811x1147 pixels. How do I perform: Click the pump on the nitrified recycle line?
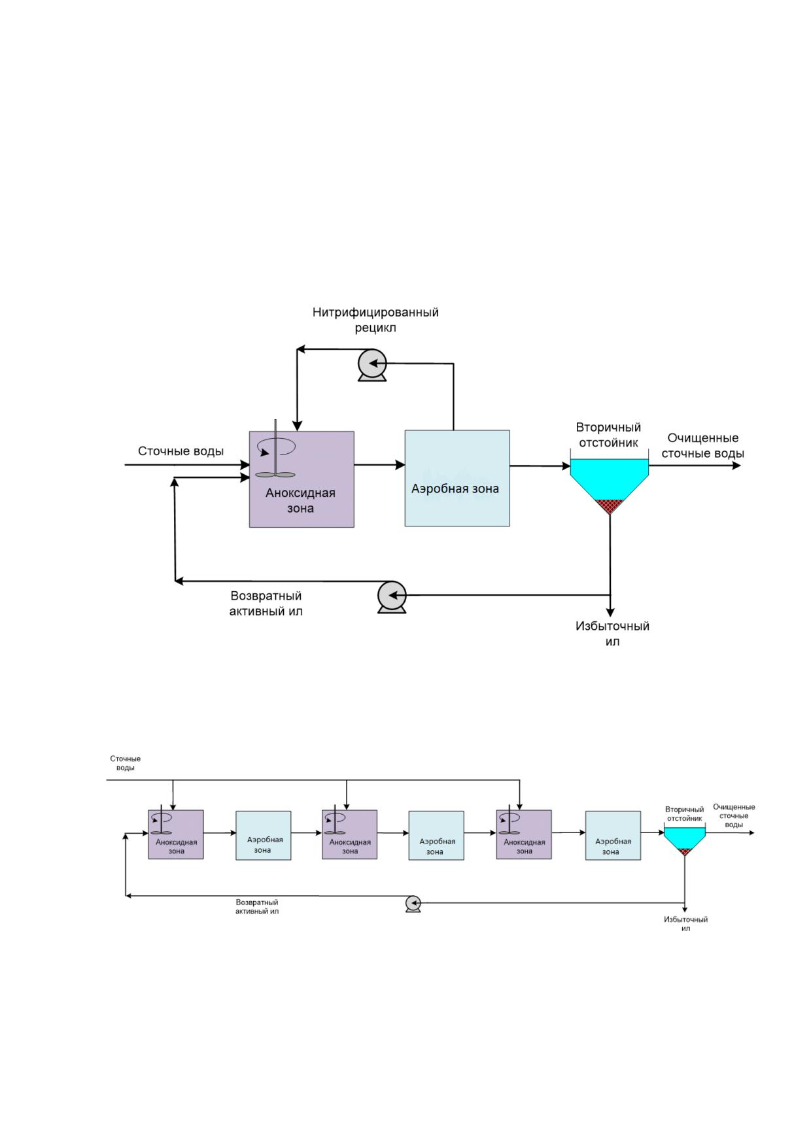373,365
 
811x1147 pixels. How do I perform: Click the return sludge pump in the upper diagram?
392,597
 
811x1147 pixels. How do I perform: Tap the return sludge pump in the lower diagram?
413,904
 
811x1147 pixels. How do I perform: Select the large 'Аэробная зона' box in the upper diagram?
457,478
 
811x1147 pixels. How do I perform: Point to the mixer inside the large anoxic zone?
275,451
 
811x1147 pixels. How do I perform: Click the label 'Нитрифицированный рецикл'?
375,320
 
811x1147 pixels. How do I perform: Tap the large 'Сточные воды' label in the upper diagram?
181,451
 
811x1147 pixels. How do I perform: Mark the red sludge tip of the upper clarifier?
610,506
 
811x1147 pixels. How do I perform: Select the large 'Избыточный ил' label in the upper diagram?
612,634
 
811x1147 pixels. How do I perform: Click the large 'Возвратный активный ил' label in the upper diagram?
266,604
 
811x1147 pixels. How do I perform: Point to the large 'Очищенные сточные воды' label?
703,445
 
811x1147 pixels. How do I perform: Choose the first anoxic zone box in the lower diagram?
176,834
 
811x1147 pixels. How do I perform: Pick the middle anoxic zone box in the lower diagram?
350,834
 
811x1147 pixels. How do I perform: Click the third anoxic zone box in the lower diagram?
524,834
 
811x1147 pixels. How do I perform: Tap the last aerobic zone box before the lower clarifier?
613,836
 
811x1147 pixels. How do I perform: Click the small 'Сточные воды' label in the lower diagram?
125,763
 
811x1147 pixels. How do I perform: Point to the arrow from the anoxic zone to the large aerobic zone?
379,465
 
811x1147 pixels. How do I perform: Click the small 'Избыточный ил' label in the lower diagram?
685,924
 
